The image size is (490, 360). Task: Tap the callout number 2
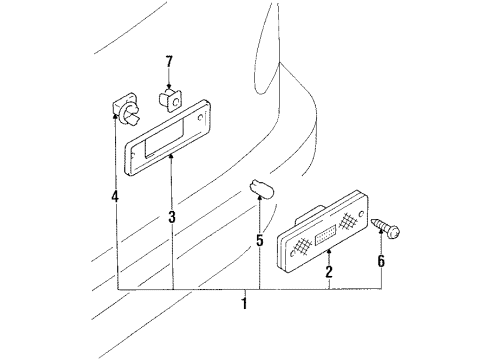(x=329, y=272)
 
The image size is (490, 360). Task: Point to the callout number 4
(x=116, y=197)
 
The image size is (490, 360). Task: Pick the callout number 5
(x=260, y=240)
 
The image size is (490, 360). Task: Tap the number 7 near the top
(x=169, y=63)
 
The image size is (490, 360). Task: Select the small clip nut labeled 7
(x=168, y=98)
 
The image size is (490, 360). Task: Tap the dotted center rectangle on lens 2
(x=327, y=236)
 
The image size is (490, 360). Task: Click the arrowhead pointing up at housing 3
(x=172, y=157)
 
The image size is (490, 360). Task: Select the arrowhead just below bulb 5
(x=260, y=200)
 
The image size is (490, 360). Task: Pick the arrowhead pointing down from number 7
(x=169, y=85)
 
